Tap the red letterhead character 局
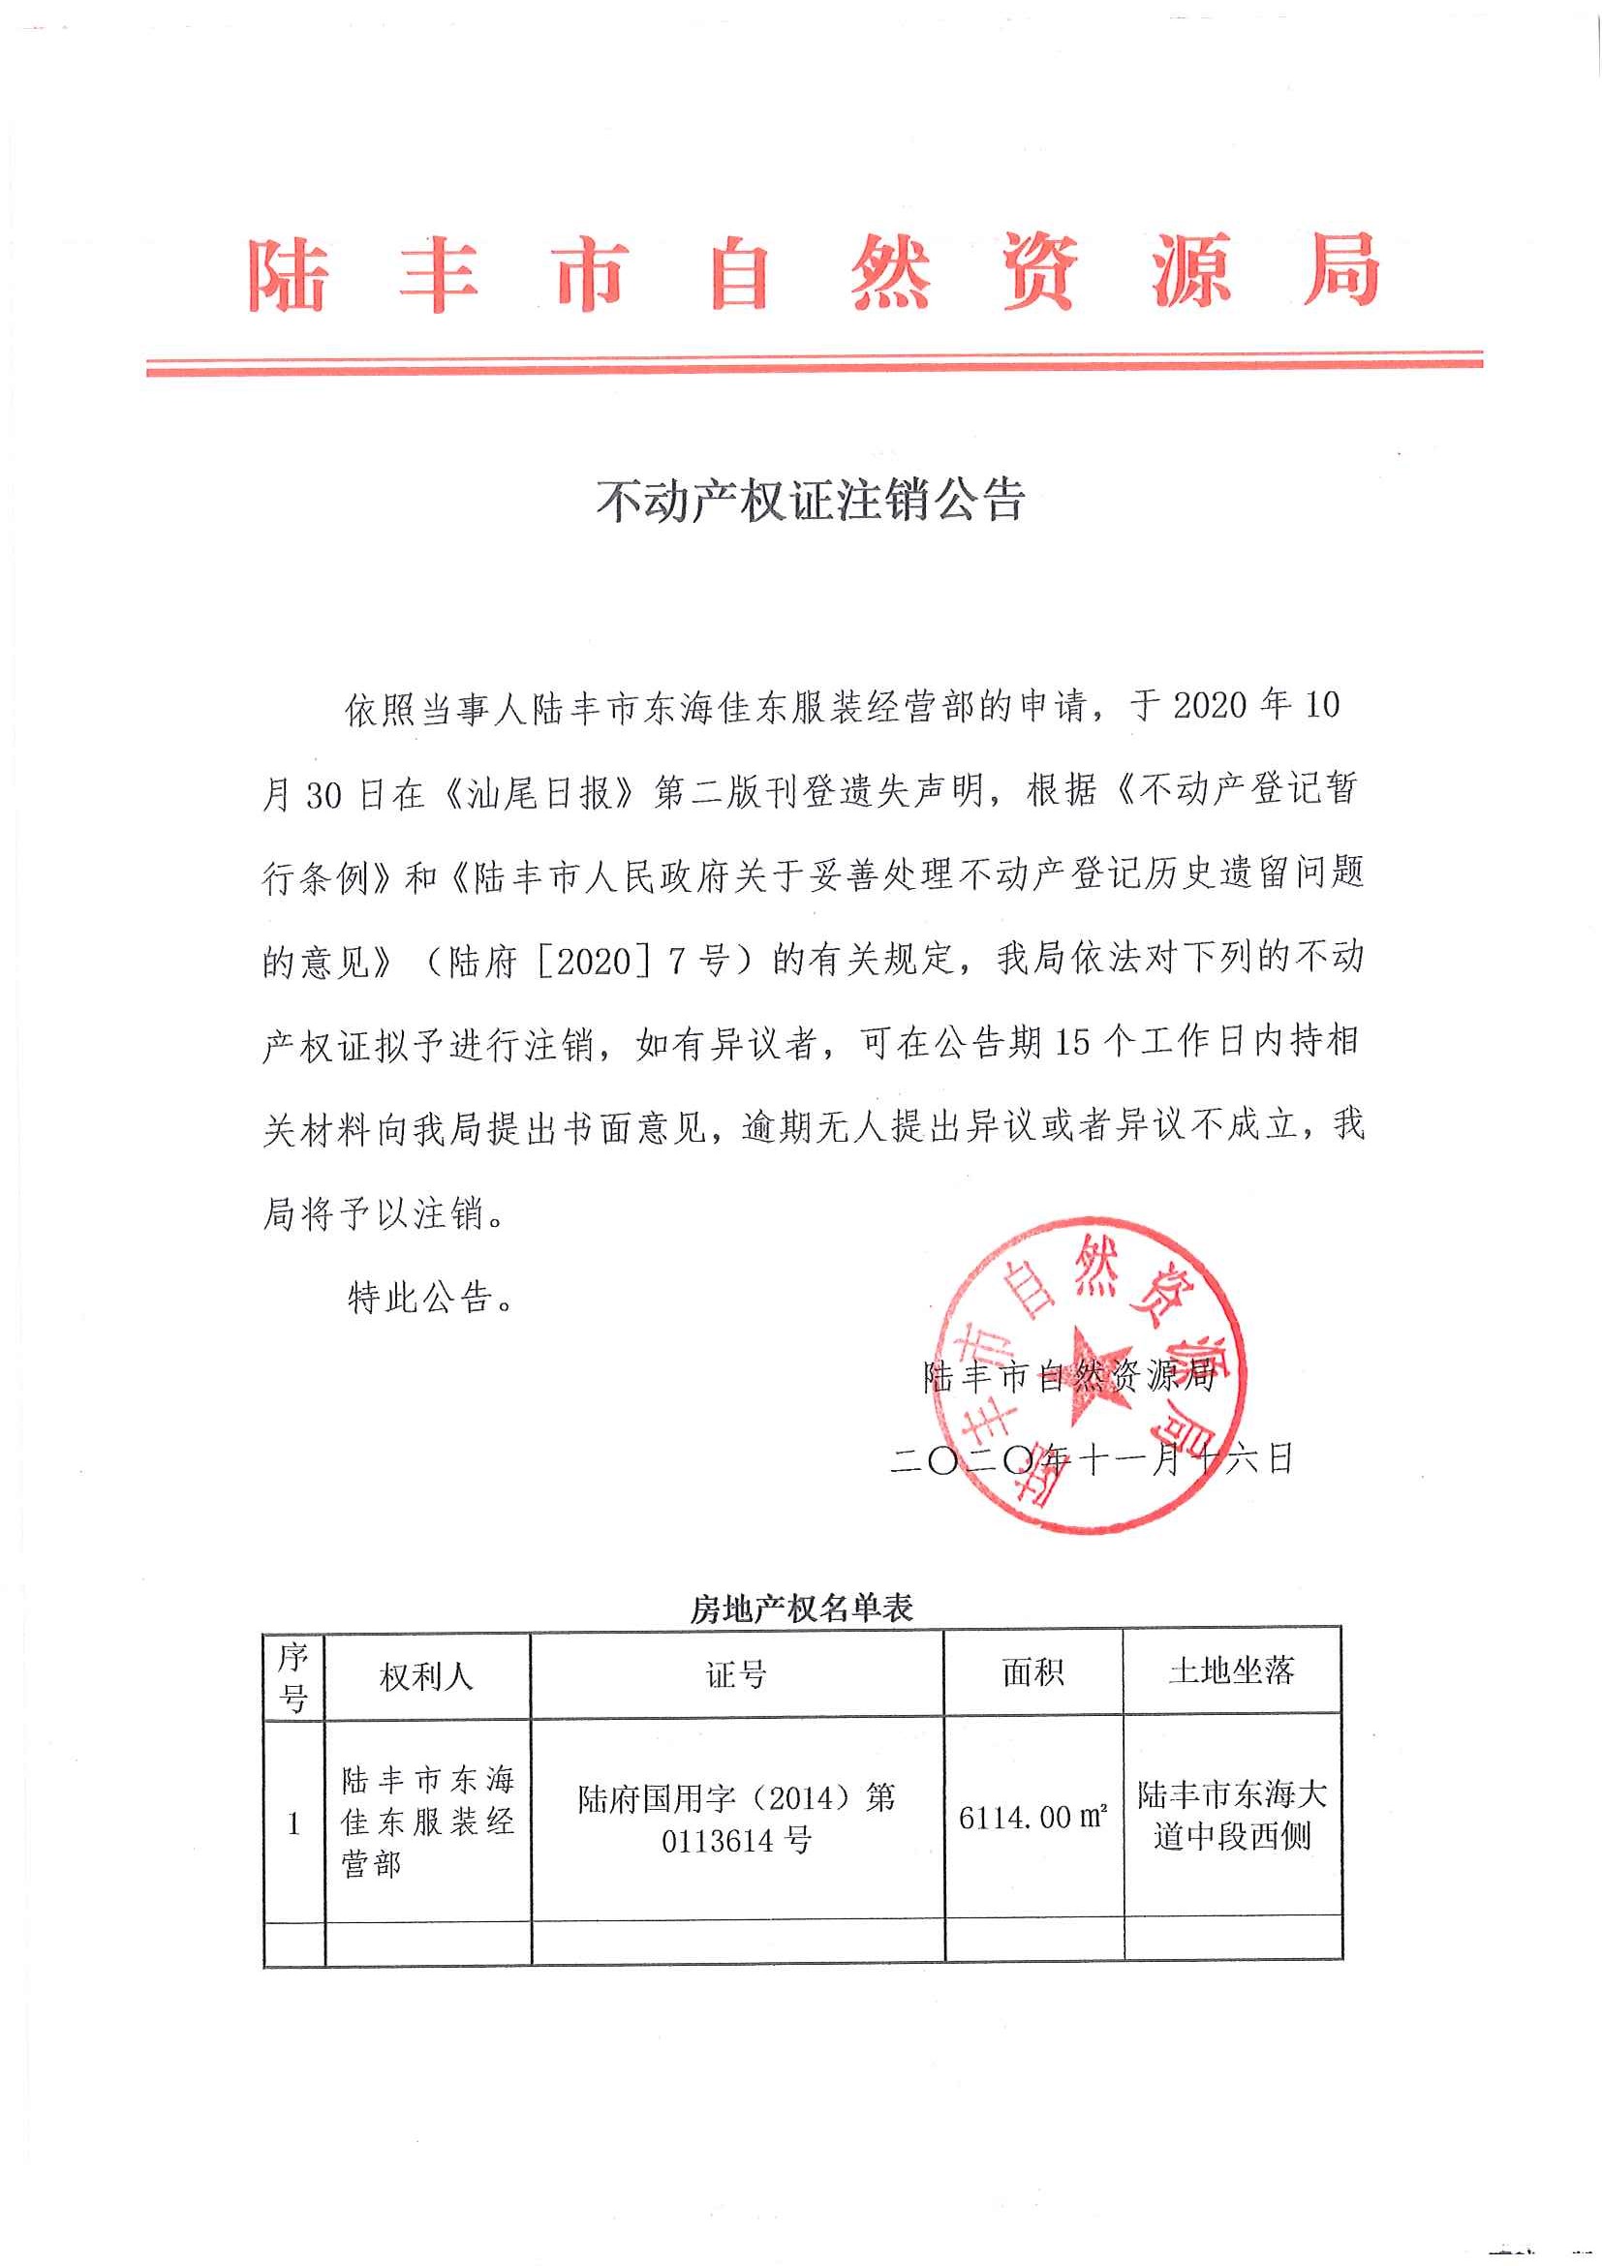pos(1339,270)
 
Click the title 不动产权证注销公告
pos(811,501)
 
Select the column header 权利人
pos(426,1676)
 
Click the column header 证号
pos(736,1675)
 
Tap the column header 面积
pos(1032,1672)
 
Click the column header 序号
pos(293,1677)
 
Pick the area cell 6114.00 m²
pos(1032,1817)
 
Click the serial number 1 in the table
pos(293,1823)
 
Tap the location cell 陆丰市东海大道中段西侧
pos(1232,1816)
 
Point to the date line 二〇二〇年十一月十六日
pos(1092,1459)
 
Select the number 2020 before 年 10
pos(1211,707)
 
